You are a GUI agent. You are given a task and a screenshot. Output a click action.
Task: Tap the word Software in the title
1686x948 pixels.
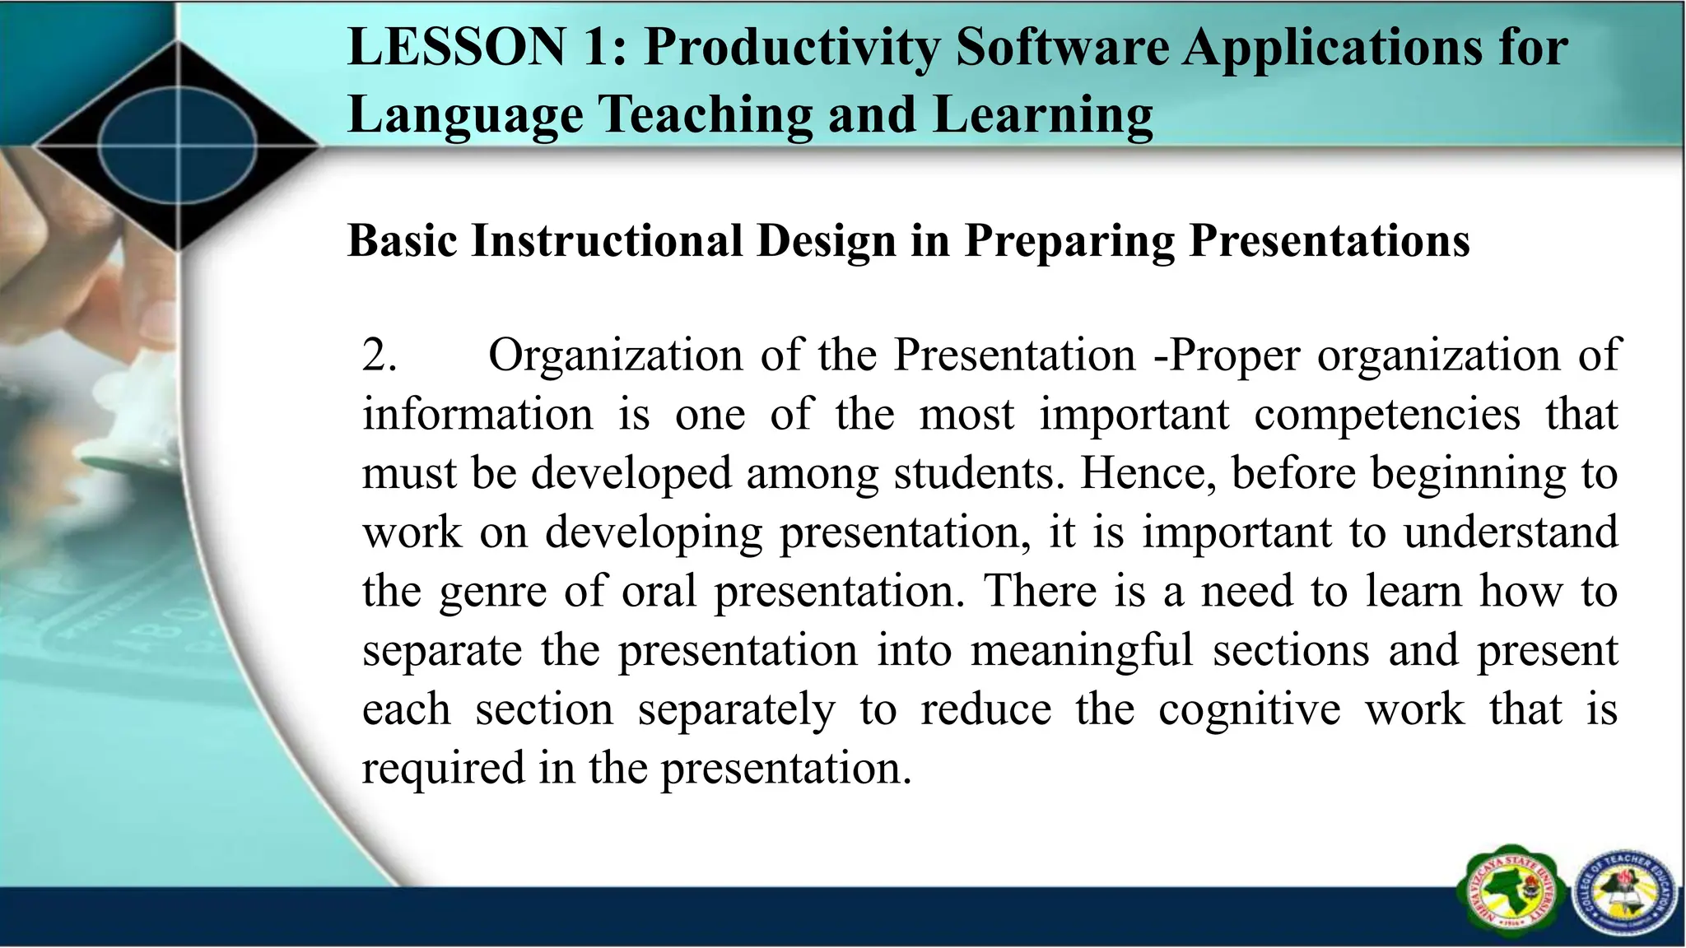pyautogui.click(x=1062, y=47)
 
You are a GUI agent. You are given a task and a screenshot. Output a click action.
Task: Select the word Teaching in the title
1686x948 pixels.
pyautogui.click(x=706, y=114)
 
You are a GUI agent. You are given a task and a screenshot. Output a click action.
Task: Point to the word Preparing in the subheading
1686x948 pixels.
pyautogui.click(x=1069, y=241)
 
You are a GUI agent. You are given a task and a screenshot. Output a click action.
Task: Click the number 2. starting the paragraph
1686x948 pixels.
pyautogui.click(x=380, y=355)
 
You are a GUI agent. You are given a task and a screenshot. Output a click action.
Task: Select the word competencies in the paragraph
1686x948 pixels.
pyautogui.click(x=1387, y=415)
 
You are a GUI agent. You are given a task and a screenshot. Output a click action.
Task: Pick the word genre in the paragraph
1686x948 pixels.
pyautogui.click(x=492, y=592)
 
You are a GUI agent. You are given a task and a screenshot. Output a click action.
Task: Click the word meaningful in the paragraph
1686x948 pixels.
pyautogui.click(x=1082, y=650)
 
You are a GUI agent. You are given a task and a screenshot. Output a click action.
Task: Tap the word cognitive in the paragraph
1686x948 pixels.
pyautogui.click(x=1250, y=709)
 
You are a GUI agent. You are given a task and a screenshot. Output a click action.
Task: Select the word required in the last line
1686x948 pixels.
pyautogui.click(x=442, y=769)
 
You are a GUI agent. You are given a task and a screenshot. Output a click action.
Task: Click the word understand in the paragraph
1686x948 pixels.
pyautogui.click(x=1511, y=532)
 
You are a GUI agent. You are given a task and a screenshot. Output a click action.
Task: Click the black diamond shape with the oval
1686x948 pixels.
pyautogui.click(x=178, y=146)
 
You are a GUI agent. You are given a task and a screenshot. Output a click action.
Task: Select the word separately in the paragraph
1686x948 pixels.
pyautogui.click(x=736, y=709)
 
